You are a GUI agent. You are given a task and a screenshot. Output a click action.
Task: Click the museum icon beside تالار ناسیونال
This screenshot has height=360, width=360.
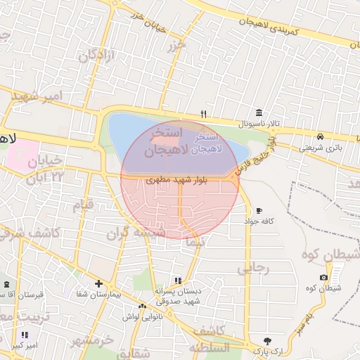click(x=259, y=113)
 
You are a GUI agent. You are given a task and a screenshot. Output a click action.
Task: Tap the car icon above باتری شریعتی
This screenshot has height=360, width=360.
click(x=320, y=136)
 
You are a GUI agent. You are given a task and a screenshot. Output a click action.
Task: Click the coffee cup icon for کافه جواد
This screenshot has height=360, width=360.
click(x=259, y=210)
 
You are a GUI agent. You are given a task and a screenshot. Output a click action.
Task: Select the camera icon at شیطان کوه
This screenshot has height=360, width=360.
click(x=323, y=278)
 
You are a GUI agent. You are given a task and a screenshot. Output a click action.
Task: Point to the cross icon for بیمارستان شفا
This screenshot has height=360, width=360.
click(x=99, y=284)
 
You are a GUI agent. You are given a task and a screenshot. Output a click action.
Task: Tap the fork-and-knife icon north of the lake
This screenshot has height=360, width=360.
click(x=204, y=113)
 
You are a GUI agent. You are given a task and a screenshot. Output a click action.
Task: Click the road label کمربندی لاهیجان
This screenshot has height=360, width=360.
click(x=269, y=27)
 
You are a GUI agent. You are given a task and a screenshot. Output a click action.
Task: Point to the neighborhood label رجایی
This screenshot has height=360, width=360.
click(x=254, y=267)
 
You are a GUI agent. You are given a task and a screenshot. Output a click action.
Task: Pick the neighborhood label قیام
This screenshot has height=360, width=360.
click(x=84, y=205)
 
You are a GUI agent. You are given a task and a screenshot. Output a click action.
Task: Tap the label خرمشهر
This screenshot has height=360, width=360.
click(x=92, y=341)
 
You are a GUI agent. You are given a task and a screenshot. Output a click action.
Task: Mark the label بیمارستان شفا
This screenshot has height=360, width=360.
click(x=99, y=295)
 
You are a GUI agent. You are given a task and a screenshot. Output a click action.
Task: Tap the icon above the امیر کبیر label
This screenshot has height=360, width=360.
click(x=25, y=335)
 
